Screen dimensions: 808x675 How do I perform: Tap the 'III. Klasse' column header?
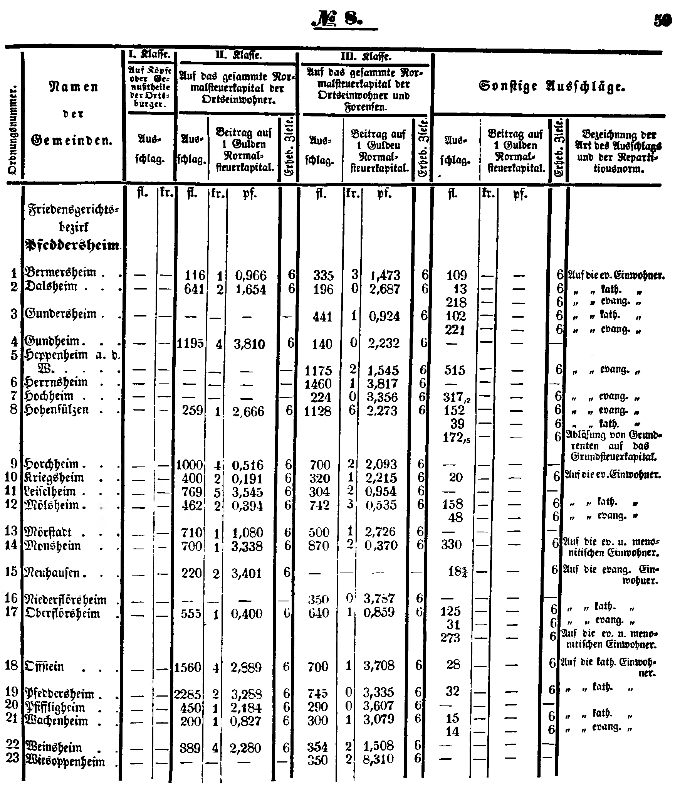coord(366,57)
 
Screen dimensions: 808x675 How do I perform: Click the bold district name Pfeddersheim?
coord(72,245)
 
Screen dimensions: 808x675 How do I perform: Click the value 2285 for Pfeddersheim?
coord(188,694)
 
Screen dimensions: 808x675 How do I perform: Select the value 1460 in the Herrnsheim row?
coord(318,384)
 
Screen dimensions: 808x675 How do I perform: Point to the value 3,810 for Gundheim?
coord(249,343)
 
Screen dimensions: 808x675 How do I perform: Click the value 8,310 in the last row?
coord(379,759)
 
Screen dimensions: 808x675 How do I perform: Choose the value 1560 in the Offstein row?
coord(188,667)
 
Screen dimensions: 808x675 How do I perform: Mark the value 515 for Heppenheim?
coord(455,370)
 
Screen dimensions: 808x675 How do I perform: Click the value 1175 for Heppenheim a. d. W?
coord(318,371)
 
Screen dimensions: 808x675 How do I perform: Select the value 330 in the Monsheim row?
coord(451,545)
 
